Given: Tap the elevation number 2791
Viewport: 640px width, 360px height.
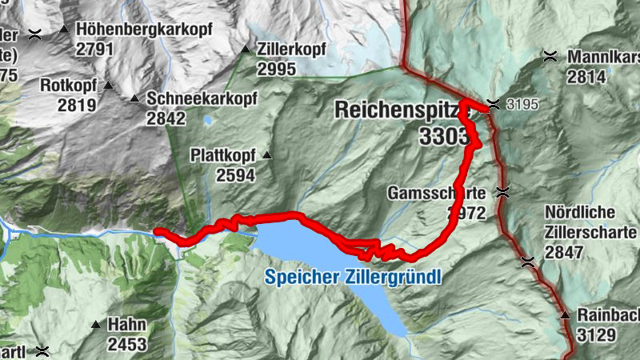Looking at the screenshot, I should [x=95, y=49].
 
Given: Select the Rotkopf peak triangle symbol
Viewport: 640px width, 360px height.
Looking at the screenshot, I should [x=108, y=85].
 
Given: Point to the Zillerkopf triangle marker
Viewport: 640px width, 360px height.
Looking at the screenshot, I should [x=246, y=50].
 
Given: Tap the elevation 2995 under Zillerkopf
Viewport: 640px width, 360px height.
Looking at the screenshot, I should [x=277, y=70].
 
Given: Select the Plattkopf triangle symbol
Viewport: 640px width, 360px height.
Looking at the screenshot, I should [x=267, y=155].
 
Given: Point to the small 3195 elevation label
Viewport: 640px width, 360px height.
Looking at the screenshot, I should [x=523, y=105].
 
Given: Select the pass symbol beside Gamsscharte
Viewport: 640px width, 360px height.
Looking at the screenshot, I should [x=502, y=192].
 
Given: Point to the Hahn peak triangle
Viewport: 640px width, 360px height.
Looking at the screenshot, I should [x=96, y=325].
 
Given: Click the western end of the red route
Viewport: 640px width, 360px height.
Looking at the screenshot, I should [x=157, y=232].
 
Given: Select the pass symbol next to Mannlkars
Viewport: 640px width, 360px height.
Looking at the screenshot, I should [x=550, y=56].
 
